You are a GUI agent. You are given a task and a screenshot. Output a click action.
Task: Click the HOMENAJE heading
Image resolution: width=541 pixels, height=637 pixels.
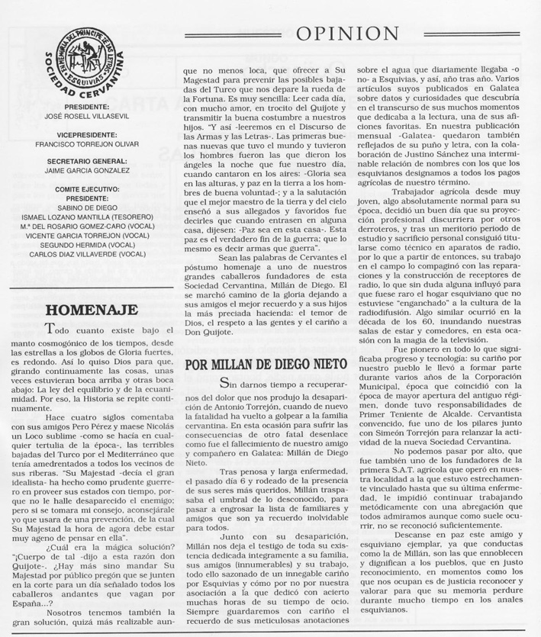tap(92, 310)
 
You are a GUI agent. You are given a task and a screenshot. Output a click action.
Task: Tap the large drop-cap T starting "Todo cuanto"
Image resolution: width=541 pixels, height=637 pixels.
tap(51, 330)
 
